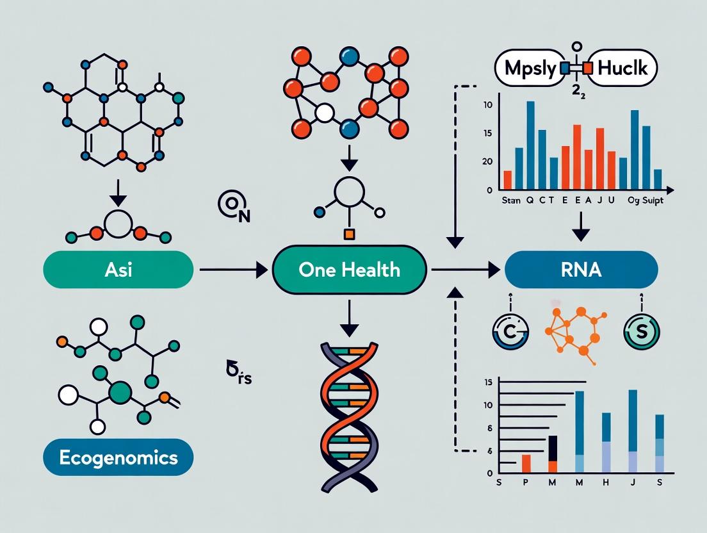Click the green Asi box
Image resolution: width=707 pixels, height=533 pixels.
tap(118, 269)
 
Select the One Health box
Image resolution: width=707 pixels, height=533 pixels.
tap(349, 269)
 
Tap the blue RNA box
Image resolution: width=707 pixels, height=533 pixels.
tap(581, 269)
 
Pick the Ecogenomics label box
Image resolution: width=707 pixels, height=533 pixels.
tap(118, 457)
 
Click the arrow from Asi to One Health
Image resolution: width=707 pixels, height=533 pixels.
tap(233, 270)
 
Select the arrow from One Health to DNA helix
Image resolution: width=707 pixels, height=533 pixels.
tap(349, 317)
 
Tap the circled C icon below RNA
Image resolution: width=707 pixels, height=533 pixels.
tap(510, 332)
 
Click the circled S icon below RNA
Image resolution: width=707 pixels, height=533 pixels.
tap(641, 332)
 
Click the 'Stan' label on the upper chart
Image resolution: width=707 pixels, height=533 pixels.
tap(510, 201)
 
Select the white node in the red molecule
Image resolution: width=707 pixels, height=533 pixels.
tap(325, 114)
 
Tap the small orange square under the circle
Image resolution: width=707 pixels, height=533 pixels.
tap(349, 234)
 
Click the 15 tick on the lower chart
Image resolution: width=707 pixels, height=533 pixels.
tap(489, 382)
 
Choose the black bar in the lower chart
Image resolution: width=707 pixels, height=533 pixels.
tap(553, 448)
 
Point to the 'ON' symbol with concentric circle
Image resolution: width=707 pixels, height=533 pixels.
tap(233, 208)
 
